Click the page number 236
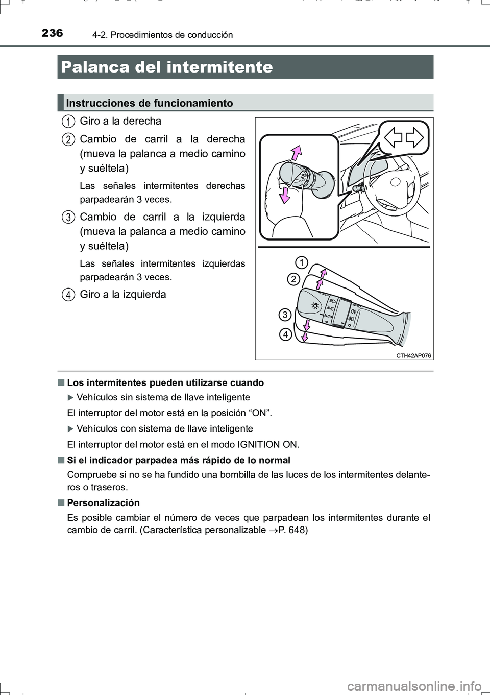[x=52, y=33]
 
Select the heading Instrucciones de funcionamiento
[x=149, y=103]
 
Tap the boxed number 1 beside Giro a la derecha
[x=67, y=122]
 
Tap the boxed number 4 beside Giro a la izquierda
[x=67, y=295]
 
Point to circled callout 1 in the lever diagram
[x=301, y=262]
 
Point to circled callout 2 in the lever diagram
[x=293, y=279]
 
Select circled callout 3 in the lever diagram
[x=285, y=315]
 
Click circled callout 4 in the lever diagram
[x=285, y=334]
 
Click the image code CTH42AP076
[x=413, y=356]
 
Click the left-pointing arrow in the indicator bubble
[x=393, y=137]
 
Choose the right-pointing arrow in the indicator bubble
[x=414, y=137]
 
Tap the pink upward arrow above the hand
[x=296, y=153]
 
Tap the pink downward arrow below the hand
[x=284, y=195]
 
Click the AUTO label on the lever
[x=328, y=317]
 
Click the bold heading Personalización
[x=103, y=503]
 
